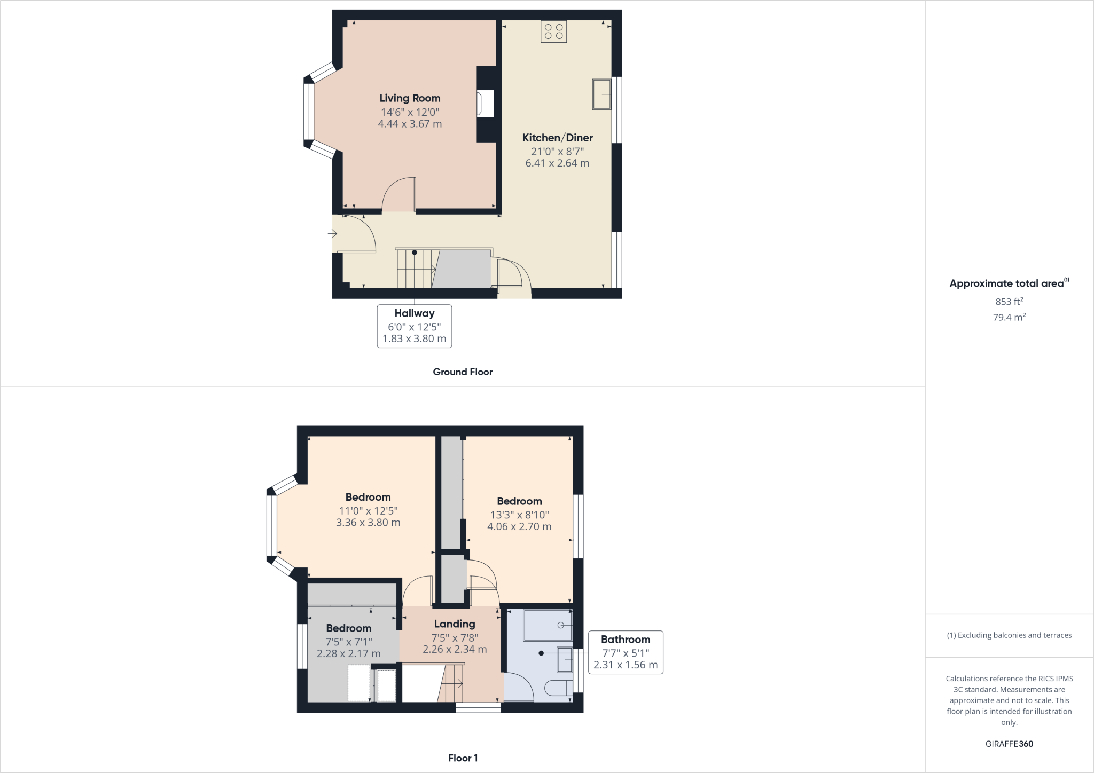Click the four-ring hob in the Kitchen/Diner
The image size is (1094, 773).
(x=553, y=31)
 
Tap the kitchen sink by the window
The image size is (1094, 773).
(x=601, y=94)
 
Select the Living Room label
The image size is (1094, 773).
(x=410, y=98)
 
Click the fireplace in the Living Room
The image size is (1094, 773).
(x=486, y=104)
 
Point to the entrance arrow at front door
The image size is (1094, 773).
(x=332, y=234)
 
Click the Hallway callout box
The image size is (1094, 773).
(x=415, y=326)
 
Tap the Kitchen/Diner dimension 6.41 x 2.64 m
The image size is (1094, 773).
(x=557, y=163)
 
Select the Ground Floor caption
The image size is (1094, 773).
(x=463, y=372)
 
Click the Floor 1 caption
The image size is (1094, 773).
(x=463, y=758)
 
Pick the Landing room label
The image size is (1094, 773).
(x=454, y=624)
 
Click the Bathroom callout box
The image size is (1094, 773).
(x=625, y=652)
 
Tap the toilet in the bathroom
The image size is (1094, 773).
(x=558, y=688)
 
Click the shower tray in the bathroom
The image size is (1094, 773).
(x=547, y=625)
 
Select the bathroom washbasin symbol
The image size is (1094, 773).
(x=564, y=660)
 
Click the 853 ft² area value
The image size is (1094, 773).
(x=1009, y=302)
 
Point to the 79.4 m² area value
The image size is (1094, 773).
(x=1009, y=317)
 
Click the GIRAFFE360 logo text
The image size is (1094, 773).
(x=1009, y=744)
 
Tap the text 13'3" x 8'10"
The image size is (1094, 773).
(x=519, y=515)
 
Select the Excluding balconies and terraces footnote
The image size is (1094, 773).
(x=1009, y=635)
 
